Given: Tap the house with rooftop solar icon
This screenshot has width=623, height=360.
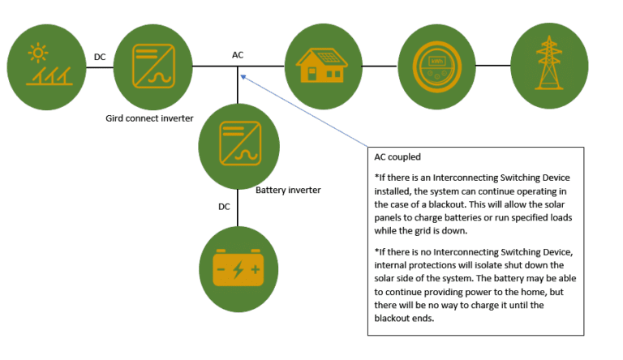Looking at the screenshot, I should [322, 66].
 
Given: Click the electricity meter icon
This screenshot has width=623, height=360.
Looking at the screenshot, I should [436, 66].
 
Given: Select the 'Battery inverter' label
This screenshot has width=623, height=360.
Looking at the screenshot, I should [288, 190].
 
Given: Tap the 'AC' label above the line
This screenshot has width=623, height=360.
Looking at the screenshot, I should [238, 55].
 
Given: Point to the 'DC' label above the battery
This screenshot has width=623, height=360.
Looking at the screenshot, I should [225, 207].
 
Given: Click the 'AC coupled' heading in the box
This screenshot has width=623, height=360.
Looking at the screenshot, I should [398, 157].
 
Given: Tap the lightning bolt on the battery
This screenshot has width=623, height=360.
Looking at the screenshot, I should [238, 267].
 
